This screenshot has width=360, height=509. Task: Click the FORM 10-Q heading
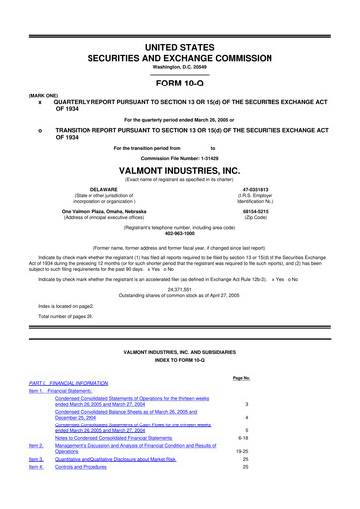coord(179,83)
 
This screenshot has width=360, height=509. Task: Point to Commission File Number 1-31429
coord(179,158)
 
